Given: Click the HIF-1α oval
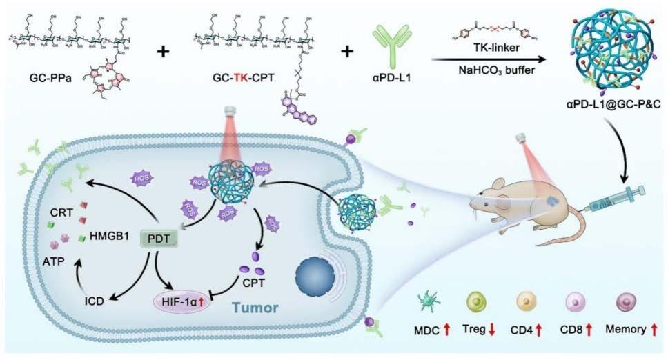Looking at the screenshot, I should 186,303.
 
